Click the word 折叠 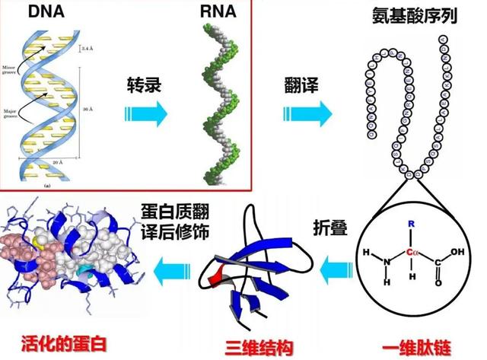tap(329, 228)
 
